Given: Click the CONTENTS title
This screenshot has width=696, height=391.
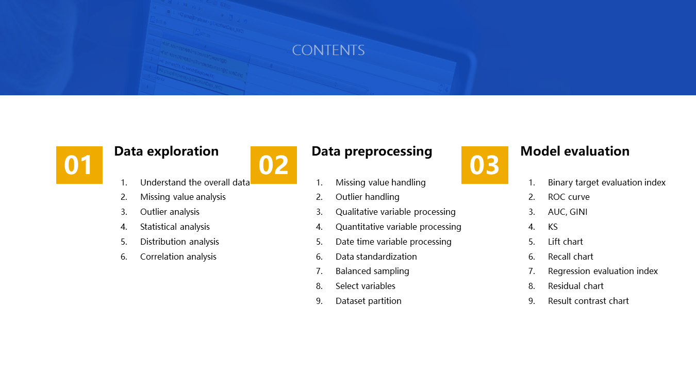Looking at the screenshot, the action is point(328,50).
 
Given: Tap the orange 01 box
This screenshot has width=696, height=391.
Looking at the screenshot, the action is point(79,165).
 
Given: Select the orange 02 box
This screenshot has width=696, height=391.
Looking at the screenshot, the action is point(274,165).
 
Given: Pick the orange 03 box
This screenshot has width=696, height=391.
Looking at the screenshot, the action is point(485,165).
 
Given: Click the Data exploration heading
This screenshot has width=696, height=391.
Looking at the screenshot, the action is point(166,151).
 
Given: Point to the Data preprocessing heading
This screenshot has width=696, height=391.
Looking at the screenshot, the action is point(372,152).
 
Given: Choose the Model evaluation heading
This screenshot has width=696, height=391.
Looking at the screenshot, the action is point(575,151).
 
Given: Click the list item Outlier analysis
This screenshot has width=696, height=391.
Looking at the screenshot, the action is point(170,212).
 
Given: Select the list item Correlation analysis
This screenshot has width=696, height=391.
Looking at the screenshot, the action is point(178,257).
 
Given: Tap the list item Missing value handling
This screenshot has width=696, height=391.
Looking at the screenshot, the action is point(380,182).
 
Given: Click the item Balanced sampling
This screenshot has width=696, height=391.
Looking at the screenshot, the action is point(372,271).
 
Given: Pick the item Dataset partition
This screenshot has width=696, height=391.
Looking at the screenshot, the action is point(369,301).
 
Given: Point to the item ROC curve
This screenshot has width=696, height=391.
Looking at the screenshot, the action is point(569,197).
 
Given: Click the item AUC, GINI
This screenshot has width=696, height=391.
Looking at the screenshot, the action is point(568,212).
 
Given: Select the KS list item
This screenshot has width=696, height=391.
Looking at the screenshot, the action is point(553,227).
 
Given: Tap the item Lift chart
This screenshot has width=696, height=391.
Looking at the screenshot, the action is point(565,242).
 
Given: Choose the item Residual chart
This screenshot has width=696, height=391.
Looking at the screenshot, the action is point(575,286).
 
